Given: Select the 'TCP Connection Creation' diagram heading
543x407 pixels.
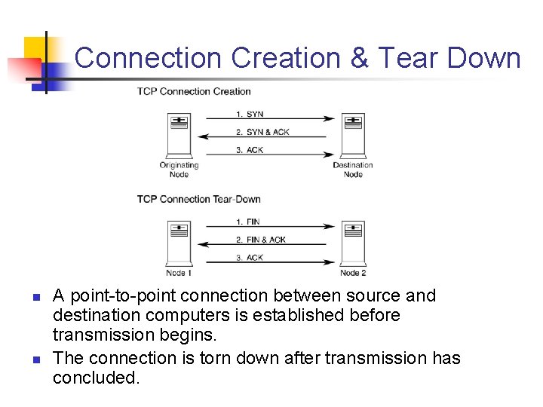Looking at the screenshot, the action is [194, 91].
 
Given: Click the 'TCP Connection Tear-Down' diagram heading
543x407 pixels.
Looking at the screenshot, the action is [198, 199].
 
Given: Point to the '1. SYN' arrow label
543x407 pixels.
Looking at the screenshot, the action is [250, 114].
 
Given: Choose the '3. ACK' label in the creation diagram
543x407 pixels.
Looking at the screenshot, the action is [250, 150].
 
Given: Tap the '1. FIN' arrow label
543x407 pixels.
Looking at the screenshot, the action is [248, 222].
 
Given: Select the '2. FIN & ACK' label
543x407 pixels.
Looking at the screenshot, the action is [261, 240].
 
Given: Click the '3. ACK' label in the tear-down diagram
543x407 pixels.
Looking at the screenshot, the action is [250, 258].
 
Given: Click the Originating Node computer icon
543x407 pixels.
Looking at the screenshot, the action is [179, 133].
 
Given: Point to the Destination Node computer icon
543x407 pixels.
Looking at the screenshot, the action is [353, 133].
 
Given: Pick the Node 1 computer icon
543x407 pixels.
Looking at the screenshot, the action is [179, 241].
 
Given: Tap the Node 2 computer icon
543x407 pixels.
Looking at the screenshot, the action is [353, 241].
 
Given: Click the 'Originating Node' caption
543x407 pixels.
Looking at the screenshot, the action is [179, 170].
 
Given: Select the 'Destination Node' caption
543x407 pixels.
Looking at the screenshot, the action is [353, 170].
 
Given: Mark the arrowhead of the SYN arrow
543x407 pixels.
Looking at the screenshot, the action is [330, 119].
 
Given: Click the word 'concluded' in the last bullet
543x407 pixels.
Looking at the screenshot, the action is [95, 378].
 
